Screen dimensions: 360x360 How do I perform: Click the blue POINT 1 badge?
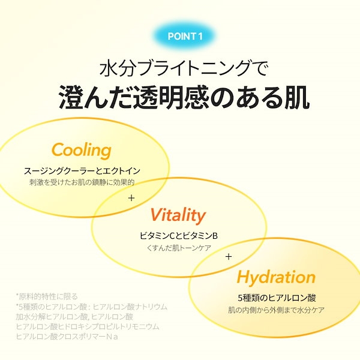pos(185,36)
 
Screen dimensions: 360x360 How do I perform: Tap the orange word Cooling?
pos(82,151)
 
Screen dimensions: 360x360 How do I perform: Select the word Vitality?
pos(178,216)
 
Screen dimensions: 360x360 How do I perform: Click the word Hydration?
pos(276,278)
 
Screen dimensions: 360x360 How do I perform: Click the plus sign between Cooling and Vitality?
pos(131,198)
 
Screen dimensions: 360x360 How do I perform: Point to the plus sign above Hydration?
pos(229,256)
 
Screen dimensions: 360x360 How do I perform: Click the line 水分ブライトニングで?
pos(184,68)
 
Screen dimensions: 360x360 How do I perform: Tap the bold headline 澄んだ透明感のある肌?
pos(184,97)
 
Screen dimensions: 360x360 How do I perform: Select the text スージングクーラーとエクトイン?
pos(82,171)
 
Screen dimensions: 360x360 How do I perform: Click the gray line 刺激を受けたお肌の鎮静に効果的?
pos(82,182)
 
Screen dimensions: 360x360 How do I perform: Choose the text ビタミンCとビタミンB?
pos(179,236)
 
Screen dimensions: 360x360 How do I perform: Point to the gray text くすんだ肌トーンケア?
pos(179,248)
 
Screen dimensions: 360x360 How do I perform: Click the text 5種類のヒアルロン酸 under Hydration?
pos(277,298)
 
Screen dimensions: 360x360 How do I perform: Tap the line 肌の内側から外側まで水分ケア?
pos(276,310)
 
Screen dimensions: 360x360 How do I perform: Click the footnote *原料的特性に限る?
pos(47,296)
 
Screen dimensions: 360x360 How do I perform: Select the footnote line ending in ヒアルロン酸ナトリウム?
pos(92,307)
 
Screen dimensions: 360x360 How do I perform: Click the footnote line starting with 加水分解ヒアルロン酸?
pos(74,317)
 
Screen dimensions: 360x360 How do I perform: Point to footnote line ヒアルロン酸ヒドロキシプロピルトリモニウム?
pos(88,326)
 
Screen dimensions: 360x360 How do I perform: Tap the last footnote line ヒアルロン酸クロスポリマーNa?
pos(67,337)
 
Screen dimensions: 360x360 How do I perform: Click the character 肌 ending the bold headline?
pos(298,97)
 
